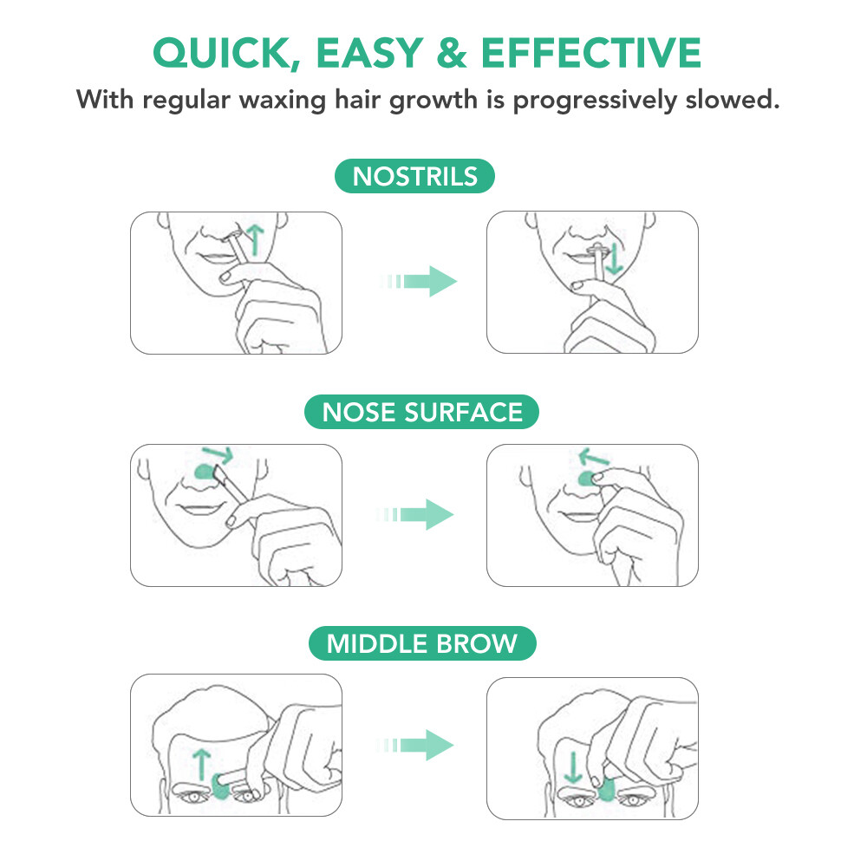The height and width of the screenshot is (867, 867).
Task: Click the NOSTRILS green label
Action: coord(414,177)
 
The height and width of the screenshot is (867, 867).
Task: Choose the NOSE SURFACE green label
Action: coord(422,412)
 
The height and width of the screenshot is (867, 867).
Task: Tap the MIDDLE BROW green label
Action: coord(422,644)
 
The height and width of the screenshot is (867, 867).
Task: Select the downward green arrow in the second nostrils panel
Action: coord(613,259)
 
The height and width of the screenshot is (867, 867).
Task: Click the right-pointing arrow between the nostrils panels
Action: coord(420,282)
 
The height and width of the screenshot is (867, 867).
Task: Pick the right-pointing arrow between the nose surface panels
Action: coord(420,514)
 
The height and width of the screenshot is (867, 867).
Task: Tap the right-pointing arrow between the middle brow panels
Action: coord(420,745)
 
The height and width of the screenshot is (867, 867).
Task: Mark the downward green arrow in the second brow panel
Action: coord(571,766)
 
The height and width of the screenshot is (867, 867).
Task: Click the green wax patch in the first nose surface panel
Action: coord(206,472)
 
